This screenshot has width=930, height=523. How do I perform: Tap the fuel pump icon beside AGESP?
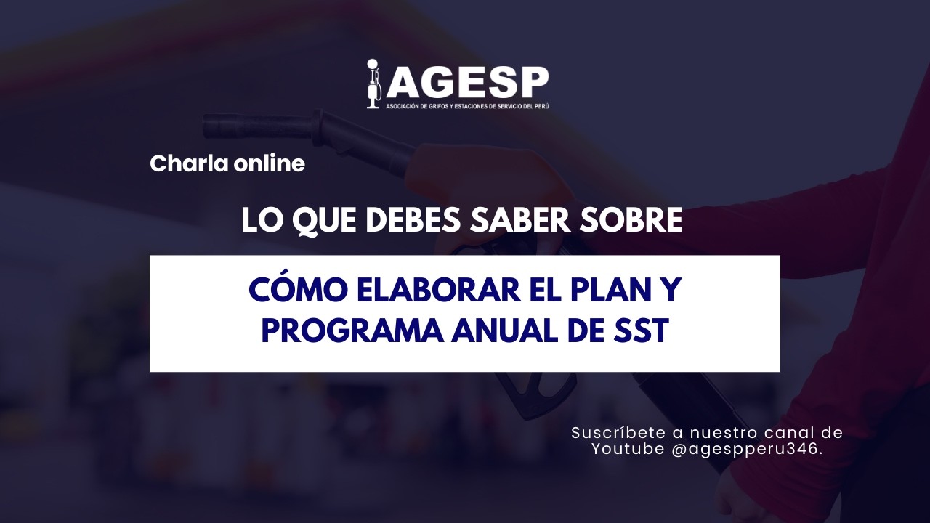coord(373,84)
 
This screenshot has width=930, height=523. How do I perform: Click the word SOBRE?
coord(634,221)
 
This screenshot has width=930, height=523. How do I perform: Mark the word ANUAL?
coord(498,332)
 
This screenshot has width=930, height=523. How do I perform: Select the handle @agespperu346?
coord(748,449)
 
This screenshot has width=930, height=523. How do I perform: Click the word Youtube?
coord(628,449)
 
